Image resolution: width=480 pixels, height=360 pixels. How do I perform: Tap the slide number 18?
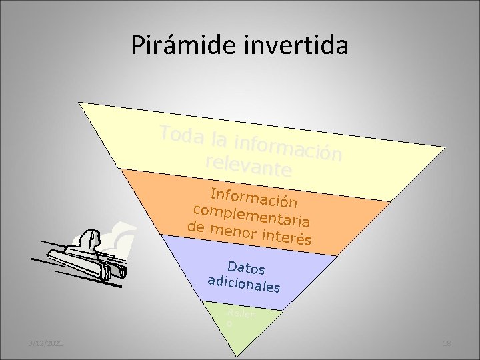coord(446,343)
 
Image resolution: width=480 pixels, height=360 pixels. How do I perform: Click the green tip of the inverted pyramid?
coord(233,327)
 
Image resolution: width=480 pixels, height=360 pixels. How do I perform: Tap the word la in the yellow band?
coord(217,139)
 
